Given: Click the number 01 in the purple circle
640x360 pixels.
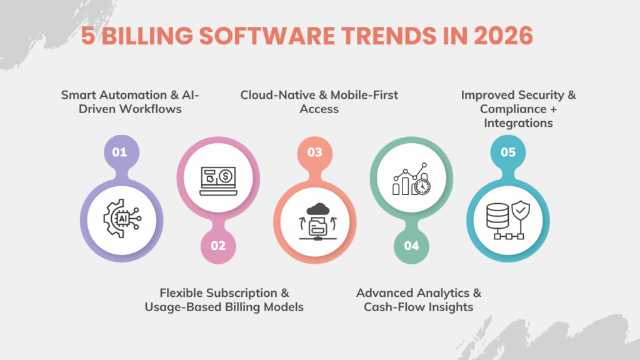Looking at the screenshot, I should pyautogui.click(x=119, y=151).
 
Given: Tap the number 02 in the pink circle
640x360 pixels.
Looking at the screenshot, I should pyautogui.click(x=217, y=246).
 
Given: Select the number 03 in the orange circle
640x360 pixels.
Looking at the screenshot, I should pyautogui.click(x=314, y=151).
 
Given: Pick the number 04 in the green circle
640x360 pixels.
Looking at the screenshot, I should pyautogui.click(x=411, y=246).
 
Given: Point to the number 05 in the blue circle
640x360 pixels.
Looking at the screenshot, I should pyautogui.click(x=507, y=151).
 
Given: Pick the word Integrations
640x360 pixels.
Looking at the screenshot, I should pyautogui.click(x=519, y=123).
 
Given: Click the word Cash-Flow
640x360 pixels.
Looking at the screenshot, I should pyautogui.click(x=391, y=307).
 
